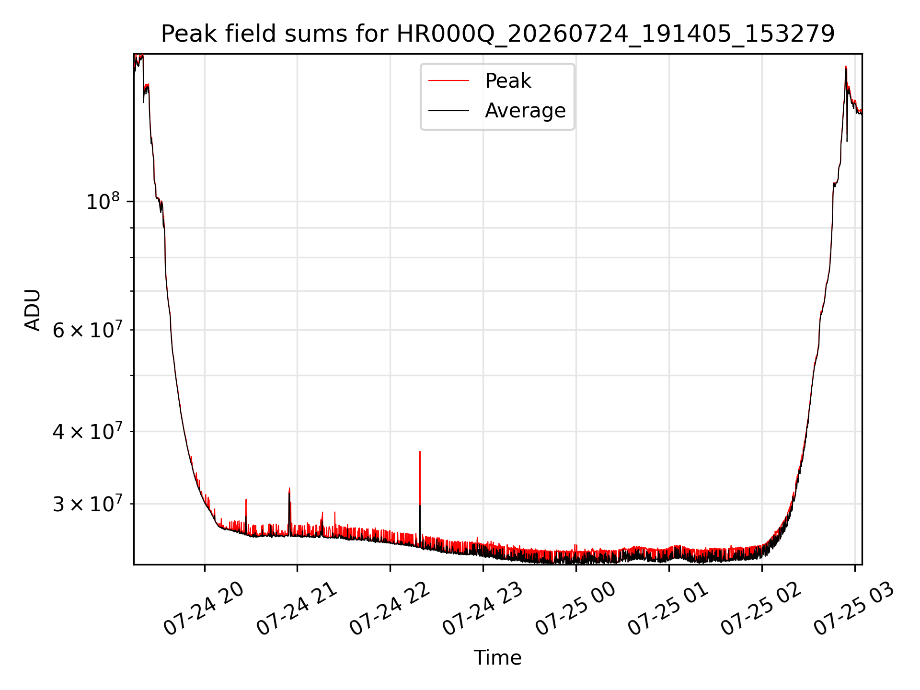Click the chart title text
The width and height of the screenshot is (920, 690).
click(x=498, y=34)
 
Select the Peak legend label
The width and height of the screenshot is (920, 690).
click(x=508, y=81)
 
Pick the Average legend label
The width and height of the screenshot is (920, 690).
click(x=525, y=111)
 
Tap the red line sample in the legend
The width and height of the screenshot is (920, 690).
click(x=448, y=81)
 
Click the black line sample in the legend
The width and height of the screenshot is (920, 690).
click(x=448, y=111)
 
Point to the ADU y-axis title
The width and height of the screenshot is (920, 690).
click(x=33, y=310)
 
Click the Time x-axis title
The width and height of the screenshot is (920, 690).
click(x=498, y=658)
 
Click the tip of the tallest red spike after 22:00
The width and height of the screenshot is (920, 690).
click(x=420, y=451)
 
